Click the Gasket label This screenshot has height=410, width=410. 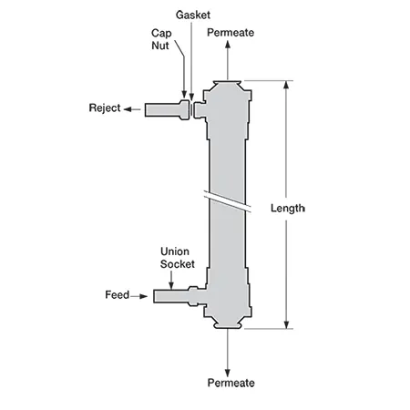(193, 15)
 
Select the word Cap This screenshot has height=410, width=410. (161, 34)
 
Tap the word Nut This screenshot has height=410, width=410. (160, 46)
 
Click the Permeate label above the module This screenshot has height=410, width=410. (231, 33)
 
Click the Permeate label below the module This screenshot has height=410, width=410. (231, 383)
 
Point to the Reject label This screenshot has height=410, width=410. (105, 108)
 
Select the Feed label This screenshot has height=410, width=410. (117, 295)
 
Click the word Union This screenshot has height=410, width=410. (175, 251)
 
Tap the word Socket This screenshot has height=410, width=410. (178, 264)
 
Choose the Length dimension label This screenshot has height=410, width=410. (288, 209)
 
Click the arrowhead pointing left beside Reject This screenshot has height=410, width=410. (128, 109)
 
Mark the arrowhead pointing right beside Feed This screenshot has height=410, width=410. (143, 296)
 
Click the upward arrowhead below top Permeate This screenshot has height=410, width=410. (228, 45)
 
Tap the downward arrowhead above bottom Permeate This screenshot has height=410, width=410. (228, 373)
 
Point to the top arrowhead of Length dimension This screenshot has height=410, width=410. (286, 85)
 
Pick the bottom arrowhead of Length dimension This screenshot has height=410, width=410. (286, 324)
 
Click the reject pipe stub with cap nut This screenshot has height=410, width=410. (167, 109)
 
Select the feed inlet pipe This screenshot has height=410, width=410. (179, 296)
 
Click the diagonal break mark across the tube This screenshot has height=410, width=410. (227, 201)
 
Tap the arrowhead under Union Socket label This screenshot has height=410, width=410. (171, 286)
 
